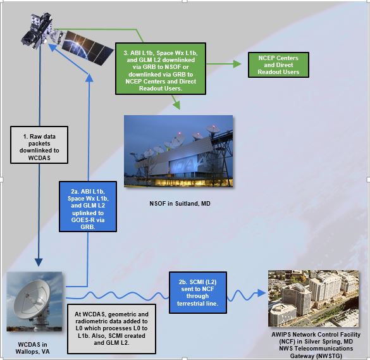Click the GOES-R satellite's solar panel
[87, 48]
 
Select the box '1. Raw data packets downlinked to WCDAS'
[39, 145]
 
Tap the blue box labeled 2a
[88, 206]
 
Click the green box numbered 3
[161, 69]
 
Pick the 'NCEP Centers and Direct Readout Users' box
[278, 65]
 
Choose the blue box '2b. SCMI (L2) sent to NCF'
[198, 292]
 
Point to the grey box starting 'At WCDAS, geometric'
[111, 328]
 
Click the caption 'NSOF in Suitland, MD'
[180, 204]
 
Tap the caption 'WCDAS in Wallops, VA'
[32, 348]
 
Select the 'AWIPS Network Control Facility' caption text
[316, 335]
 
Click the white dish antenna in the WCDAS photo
[32, 300]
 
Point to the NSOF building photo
[178, 151]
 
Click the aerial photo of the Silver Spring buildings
[313, 299]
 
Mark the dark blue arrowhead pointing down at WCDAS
[39, 263]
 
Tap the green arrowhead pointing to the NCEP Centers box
[237, 64]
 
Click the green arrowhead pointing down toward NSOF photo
[176, 105]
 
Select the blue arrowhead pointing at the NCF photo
[261, 293]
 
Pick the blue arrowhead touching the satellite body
[52, 47]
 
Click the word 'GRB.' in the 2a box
[88, 227]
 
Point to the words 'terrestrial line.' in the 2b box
[197, 303]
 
